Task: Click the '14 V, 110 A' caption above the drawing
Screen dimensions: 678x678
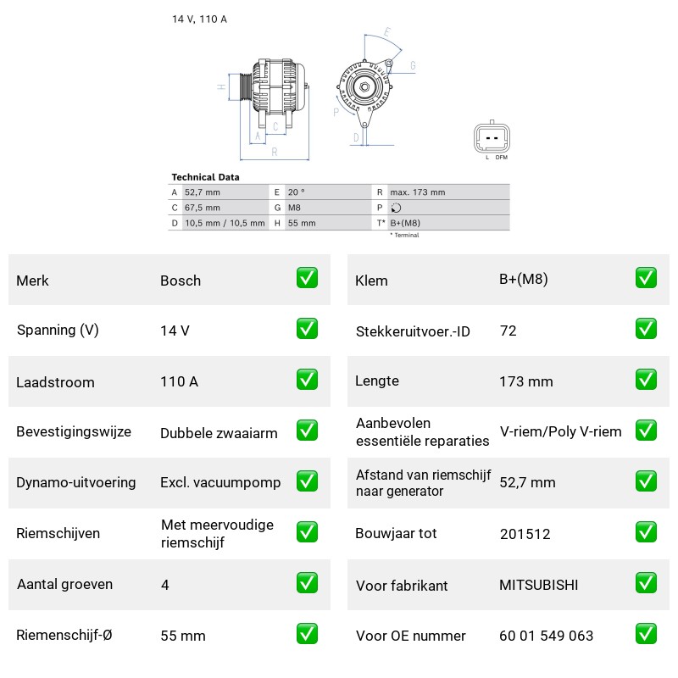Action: click(199, 19)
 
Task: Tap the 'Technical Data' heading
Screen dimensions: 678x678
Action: click(205, 177)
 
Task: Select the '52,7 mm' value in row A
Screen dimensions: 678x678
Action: click(203, 192)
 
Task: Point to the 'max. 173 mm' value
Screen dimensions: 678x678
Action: click(417, 192)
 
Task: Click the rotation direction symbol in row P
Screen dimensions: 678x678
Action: click(396, 208)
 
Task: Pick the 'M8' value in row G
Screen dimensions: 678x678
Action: click(294, 208)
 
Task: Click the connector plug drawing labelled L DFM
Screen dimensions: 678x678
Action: click(492, 137)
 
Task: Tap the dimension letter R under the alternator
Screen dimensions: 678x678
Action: click(275, 153)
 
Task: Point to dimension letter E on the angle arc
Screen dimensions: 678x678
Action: click(387, 32)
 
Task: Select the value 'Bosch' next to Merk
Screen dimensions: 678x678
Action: click(181, 281)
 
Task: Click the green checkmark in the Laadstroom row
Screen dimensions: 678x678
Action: click(307, 380)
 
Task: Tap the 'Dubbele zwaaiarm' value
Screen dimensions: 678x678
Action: click(219, 433)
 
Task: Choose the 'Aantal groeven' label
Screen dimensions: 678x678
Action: click(64, 584)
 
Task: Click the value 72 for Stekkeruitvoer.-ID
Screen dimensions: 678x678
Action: click(508, 331)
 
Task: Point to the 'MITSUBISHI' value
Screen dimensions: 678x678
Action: click(539, 585)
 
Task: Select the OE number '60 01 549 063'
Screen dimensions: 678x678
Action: click(546, 636)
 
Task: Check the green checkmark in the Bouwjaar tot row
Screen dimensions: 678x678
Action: click(646, 532)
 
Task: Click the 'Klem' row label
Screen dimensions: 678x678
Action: click(371, 281)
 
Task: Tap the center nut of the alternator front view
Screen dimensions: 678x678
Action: click(364, 87)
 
